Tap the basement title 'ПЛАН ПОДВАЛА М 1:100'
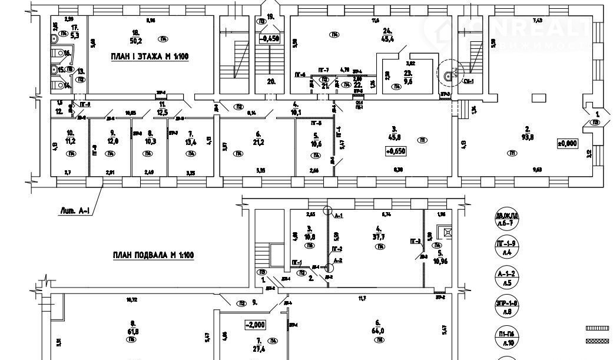click(x=152, y=255)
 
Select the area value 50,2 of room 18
click(x=137, y=40)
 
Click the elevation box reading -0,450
click(x=270, y=39)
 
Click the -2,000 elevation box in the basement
click(x=256, y=324)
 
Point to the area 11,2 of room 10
click(x=71, y=141)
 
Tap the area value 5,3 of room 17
click(x=74, y=35)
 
